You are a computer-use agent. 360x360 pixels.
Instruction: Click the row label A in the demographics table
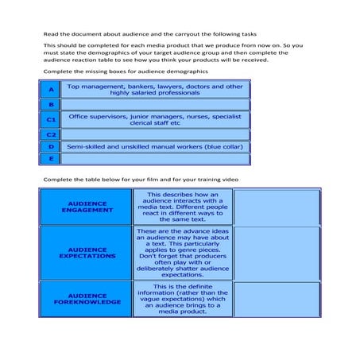(x=50, y=89)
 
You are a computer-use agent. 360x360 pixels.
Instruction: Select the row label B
(x=50, y=104)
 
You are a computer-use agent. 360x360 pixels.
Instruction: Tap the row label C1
(x=50, y=119)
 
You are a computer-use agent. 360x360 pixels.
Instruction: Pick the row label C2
(x=50, y=134)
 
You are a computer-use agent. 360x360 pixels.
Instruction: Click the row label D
(x=50, y=147)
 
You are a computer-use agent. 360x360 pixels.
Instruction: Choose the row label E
(x=50, y=159)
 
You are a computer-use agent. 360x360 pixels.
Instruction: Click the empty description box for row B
(x=155, y=104)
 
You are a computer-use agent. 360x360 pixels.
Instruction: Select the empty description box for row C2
(x=155, y=134)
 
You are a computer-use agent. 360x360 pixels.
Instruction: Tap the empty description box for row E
(x=155, y=159)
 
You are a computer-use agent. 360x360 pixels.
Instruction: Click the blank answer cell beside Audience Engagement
(x=277, y=207)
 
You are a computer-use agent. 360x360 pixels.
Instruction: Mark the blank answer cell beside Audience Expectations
(x=277, y=253)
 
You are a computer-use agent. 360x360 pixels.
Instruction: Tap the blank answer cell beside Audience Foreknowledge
(x=277, y=299)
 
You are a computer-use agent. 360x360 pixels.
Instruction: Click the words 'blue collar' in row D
(x=223, y=147)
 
